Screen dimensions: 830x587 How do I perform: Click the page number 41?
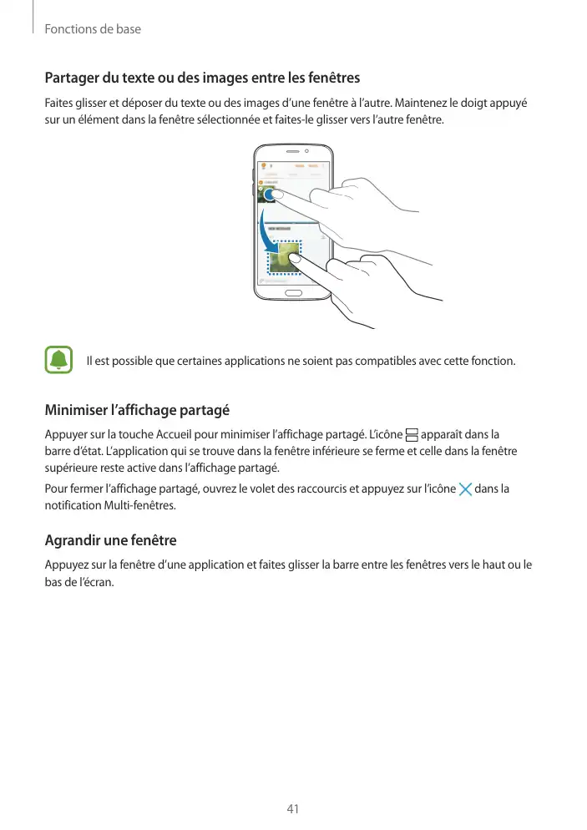point(293,808)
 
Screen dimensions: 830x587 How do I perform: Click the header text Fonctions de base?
point(93,29)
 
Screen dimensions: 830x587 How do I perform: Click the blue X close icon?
point(465,488)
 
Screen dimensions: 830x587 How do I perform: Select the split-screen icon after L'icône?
point(411,435)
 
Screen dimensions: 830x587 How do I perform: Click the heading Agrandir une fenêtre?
point(110,540)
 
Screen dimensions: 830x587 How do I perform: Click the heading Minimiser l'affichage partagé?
point(136,411)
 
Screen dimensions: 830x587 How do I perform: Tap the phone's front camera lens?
point(307,152)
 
